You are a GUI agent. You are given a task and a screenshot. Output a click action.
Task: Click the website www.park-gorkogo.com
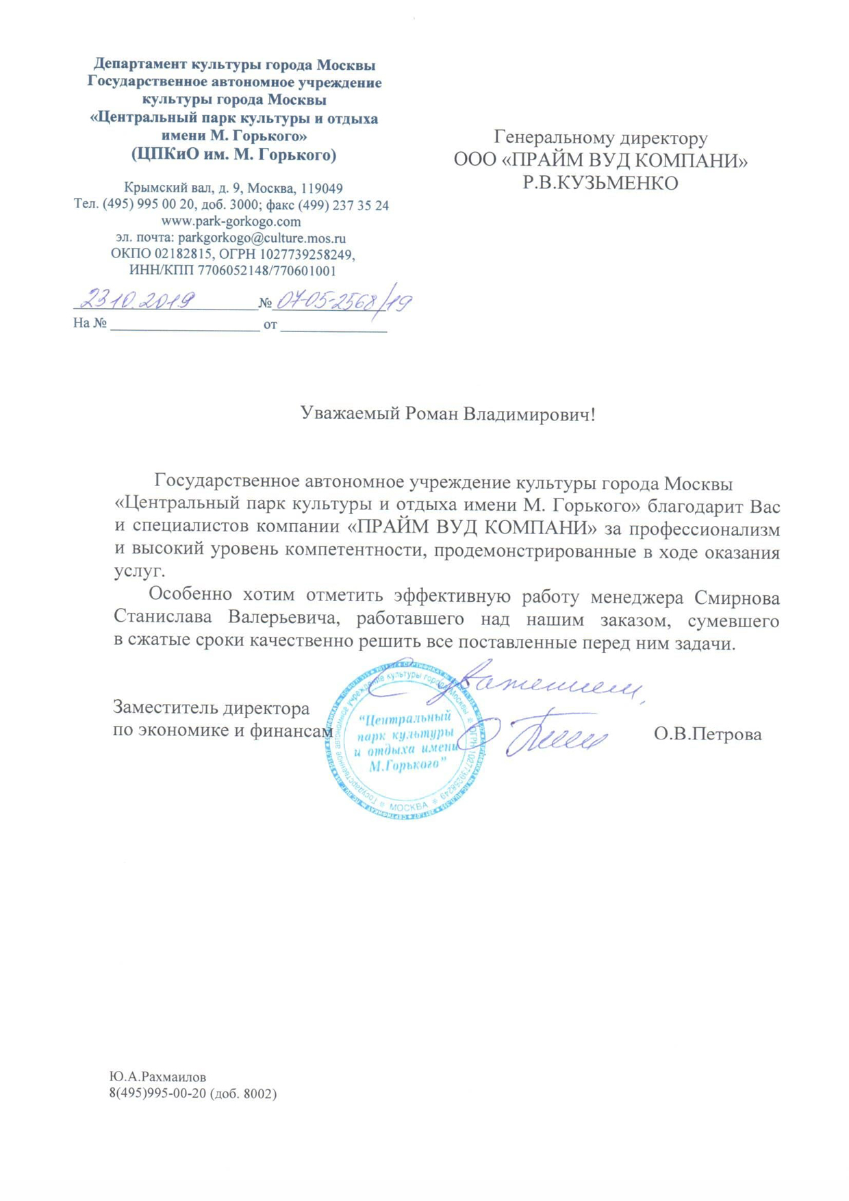pos(231,222)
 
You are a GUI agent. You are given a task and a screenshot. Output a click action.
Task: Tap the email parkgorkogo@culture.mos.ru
pos(262,238)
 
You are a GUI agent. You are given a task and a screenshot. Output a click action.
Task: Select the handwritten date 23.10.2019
pos(137,300)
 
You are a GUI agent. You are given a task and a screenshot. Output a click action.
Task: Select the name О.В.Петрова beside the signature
pos(707,734)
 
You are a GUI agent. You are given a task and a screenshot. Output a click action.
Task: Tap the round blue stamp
pos(405,739)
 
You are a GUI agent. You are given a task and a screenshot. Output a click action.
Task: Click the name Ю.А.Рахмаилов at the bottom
pos(157,1077)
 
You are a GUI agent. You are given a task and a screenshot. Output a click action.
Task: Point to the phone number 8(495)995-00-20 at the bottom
pos(158,1093)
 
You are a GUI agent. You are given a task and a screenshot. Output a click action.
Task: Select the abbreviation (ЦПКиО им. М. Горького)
pos(233,155)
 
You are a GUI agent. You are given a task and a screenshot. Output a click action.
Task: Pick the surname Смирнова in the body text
pos(737,598)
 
